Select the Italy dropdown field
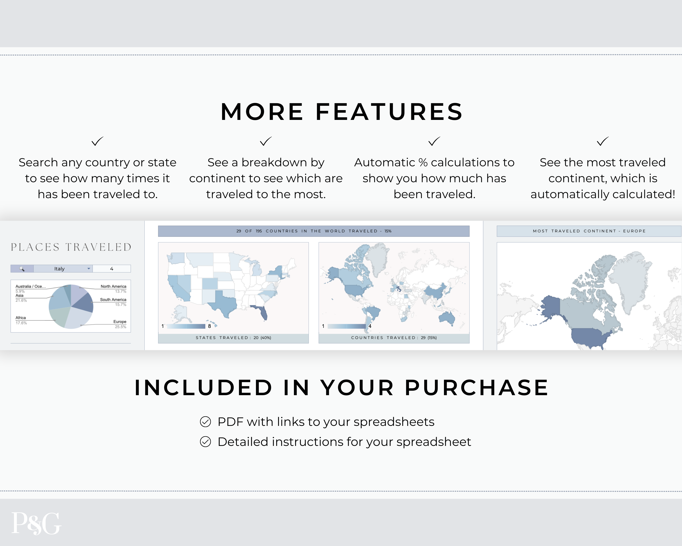[63, 269]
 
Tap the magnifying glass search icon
[22, 269]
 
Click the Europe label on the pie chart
[120, 322]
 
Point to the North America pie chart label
[113, 286]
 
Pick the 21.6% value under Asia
[21, 300]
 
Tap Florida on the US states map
[262, 312]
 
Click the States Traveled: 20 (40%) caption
[233, 338]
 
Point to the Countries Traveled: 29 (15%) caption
[394, 338]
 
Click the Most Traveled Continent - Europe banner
[589, 231]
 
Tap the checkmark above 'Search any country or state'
[98, 141]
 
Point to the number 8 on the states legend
[209, 326]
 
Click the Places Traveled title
[71, 247]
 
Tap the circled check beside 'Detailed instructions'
[205, 442]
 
